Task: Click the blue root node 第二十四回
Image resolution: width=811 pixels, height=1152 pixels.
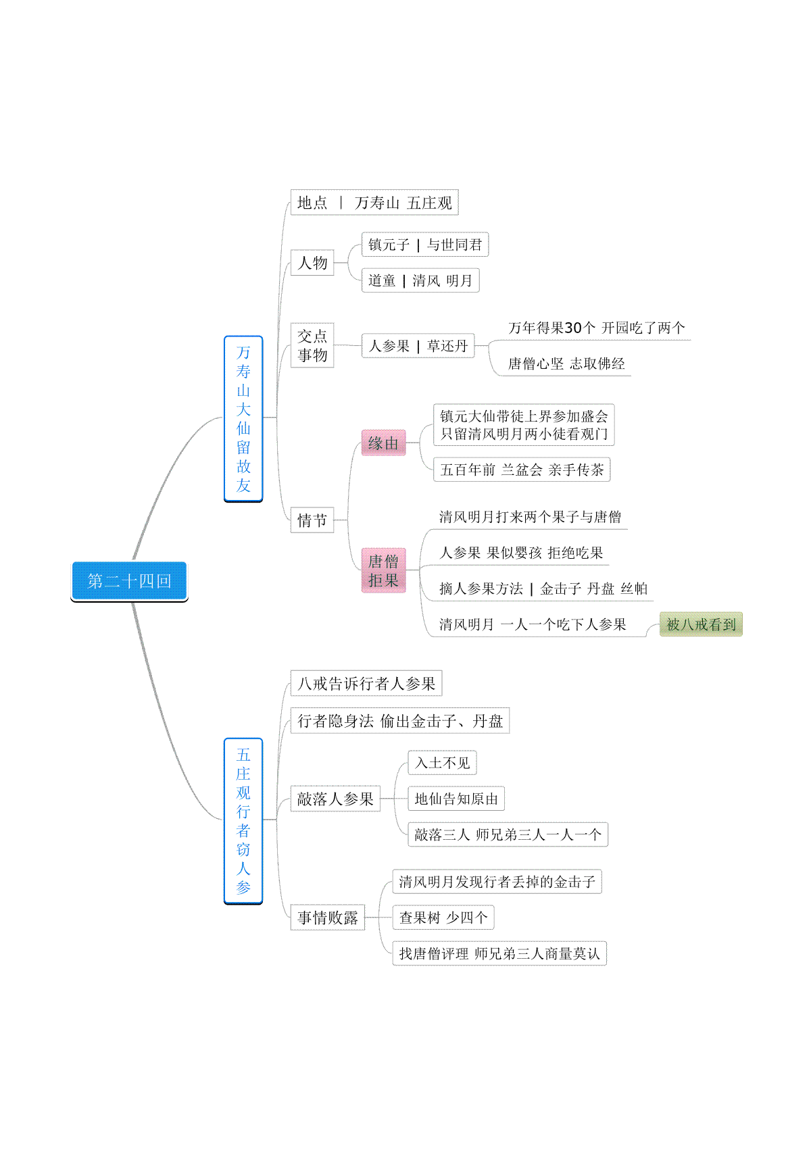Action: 129,580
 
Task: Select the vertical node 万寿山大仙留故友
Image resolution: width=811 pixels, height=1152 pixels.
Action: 243,419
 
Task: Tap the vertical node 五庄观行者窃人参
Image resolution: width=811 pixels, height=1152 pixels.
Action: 243,821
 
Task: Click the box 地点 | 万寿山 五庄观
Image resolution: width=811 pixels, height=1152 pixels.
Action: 374,203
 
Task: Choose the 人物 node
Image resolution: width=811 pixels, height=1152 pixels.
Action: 312,263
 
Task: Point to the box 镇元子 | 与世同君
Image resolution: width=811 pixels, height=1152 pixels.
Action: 425,245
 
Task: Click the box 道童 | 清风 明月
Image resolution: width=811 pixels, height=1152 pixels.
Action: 420,280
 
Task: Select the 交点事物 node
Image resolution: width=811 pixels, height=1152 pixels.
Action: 312,345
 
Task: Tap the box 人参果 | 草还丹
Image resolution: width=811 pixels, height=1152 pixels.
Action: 418,346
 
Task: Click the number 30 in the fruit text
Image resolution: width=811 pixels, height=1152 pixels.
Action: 573,328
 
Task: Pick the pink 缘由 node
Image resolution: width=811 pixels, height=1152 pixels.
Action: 383,443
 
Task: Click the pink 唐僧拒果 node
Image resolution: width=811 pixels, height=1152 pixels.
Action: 383,571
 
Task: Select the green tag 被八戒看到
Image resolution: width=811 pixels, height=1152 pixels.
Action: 701,624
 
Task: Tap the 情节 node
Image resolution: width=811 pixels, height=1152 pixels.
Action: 312,520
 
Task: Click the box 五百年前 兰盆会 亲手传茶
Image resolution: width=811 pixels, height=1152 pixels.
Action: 522,470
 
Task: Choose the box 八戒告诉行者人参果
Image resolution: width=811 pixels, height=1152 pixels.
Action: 366,684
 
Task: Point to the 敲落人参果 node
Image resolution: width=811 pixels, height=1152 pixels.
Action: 335,799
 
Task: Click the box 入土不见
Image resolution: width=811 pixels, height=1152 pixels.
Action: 442,763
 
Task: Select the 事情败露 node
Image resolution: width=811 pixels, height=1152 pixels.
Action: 328,918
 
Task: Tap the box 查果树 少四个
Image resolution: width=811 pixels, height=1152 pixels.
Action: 443,918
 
